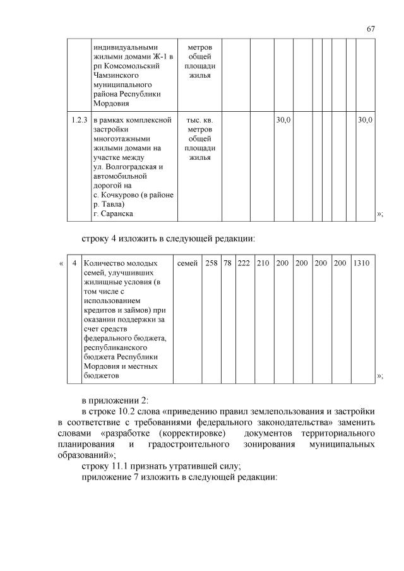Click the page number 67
point(371,29)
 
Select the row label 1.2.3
point(80,119)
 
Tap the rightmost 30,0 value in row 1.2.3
point(365,119)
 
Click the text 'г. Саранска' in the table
point(113,214)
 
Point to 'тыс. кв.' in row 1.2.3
point(199,119)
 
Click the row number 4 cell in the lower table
point(74,262)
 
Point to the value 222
point(244,262)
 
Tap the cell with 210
point(263,262)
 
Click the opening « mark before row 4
point(61,262)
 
